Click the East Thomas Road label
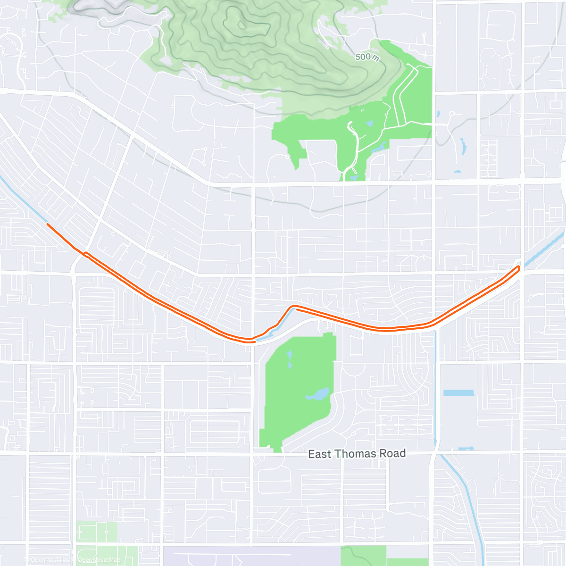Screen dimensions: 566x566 coord(357,454)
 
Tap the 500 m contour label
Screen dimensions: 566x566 coord(366,57)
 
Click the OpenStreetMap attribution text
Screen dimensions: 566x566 coord(99,560)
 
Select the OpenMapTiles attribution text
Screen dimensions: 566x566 coord(50,560)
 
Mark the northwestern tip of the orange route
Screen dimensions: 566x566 coord(48,225)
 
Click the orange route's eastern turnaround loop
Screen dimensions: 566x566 coord(518,268)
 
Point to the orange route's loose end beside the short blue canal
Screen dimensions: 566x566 coord(297,310)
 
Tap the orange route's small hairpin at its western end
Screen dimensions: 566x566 coord(85,254)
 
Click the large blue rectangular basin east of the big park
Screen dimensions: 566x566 coord(458,393)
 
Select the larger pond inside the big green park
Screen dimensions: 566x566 coord(317,394)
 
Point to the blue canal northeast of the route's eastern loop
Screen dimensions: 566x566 coord(542,249)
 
